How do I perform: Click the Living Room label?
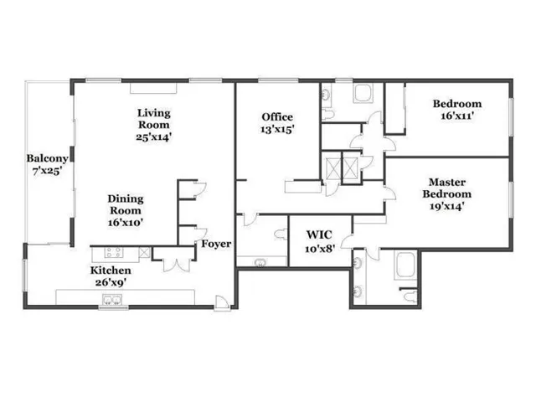[x=154, y=119]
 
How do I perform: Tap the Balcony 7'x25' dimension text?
[x=47, y=171]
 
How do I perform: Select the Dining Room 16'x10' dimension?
[x=125, y=223]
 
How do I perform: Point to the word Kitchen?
[x=111, y=270]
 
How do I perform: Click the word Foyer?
[x=216, y=244]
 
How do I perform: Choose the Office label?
[x=277, y=117]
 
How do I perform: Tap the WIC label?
[x=319, y=234]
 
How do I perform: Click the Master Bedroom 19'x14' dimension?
[x=446, y=207]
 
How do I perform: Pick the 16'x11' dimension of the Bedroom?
[x=457, y=116]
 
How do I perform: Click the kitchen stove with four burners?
[x=114, y=253]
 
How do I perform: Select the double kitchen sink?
[x=112, y=300]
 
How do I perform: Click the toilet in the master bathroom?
[x=410, y=296]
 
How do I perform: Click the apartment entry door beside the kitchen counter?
[x=222, y=302]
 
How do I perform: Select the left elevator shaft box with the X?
[x=333, y=168]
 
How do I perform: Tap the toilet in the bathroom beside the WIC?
[x=281, y=234]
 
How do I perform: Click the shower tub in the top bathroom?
[x=363, y=93]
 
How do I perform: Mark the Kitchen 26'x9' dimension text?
[x=110, y=282]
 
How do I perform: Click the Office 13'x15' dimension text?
[x=277, y=130]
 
